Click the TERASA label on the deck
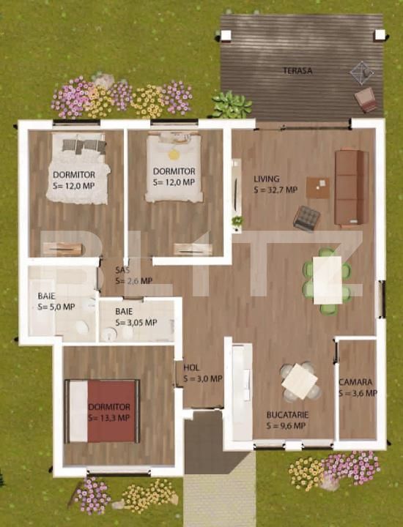pyautogui.click(x=297, y=71)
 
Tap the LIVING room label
pyautogui.click(x=267, y=179)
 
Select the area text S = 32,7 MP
pyautogui.click(x=276, y=190)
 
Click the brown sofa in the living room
pyautogui.click(x=352, y=187)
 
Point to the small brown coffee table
pyautogui.click(x=318, y=188)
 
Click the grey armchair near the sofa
pyautogui.click(x=306, y=218)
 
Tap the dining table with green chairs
pyautogui.click(x=328, y=280)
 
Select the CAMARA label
pyautogui.click(x=355, y=382)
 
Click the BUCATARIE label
pyautogui.click(x=287, y=415)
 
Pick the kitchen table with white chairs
pyautogui.click(x=300, y=381)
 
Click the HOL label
pyautogui.click(x=191, y=367)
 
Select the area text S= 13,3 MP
pyautogui.click(x=108, y=418)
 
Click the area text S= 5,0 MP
pyautogui.click(x=56, y=307)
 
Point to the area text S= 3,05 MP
pyautogui.click(x=136, y=323)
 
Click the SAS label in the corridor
pyautogui.click(x=122, y=270)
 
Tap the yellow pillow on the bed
pyautogui.click(x=174, y=154)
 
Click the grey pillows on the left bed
pyautogui.click(x=84, y=146)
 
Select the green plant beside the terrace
pyautogui.click(x=232, y=105)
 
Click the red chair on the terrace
pyautogui.click(x=366, y=100)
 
